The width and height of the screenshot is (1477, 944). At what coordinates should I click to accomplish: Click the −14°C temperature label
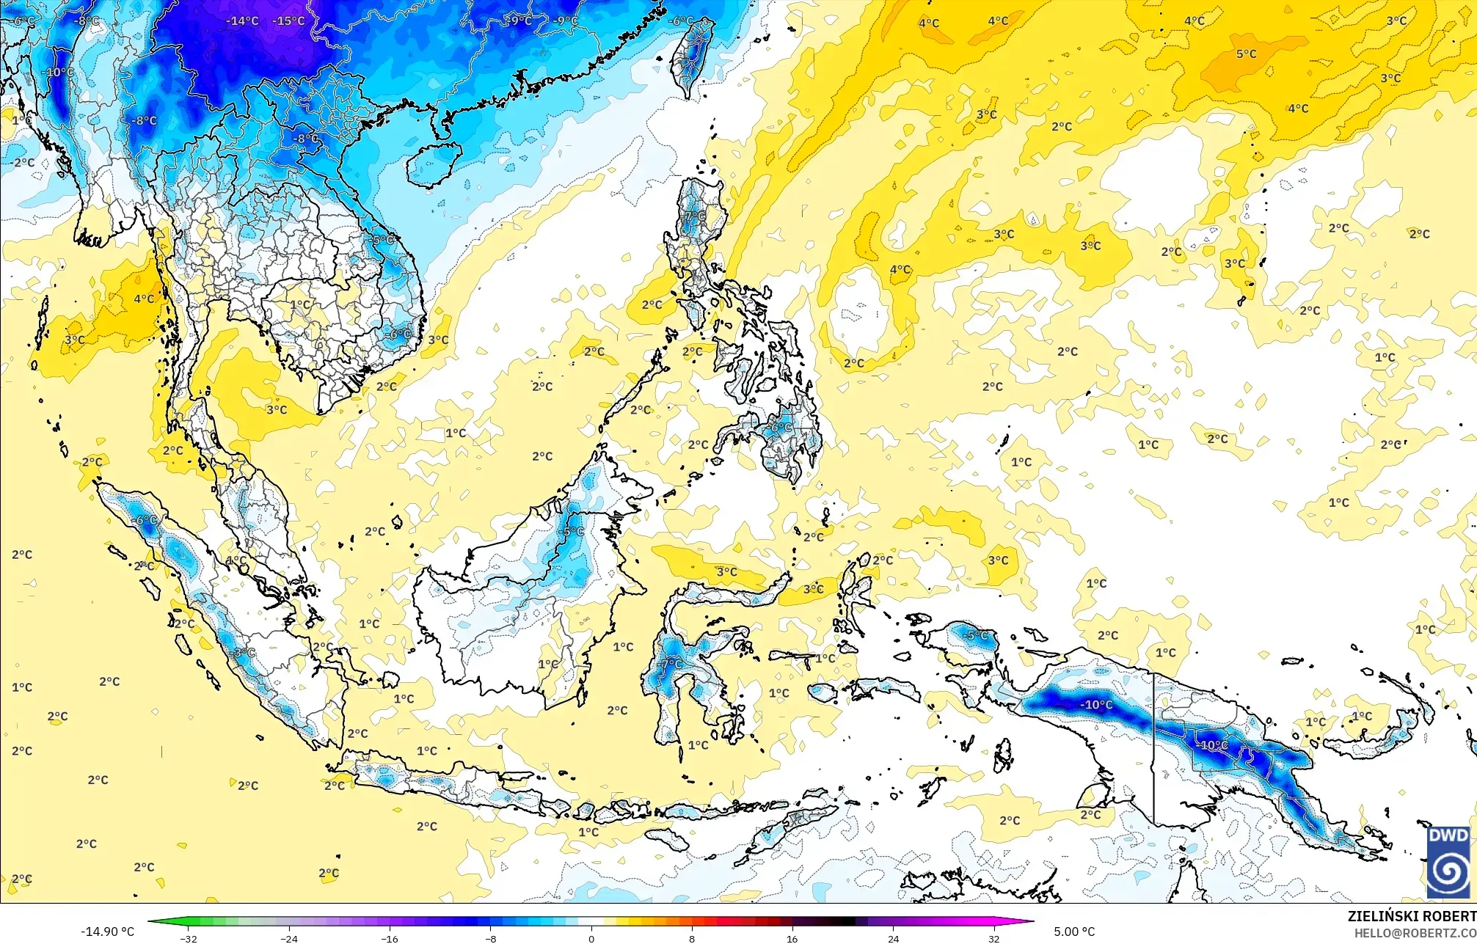(242, 21)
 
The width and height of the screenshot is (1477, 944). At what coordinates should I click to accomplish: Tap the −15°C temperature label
(288, 21)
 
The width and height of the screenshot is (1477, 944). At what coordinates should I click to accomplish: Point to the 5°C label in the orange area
(1246, 54)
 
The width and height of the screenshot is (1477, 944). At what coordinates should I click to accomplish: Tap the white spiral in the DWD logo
(1448, 874)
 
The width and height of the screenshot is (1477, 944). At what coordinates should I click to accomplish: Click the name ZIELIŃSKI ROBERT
(1411, 916)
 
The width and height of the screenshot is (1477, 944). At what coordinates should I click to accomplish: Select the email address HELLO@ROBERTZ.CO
(1415, 932)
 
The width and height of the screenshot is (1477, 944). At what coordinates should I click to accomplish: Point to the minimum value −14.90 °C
(107, 932)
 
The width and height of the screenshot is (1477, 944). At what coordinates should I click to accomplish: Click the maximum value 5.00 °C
(1074, 932)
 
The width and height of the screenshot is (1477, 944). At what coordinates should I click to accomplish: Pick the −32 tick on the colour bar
(189, 938)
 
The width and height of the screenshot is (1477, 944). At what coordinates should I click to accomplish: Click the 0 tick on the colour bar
(591, 938)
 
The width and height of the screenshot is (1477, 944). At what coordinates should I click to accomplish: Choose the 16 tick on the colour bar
(792, 938)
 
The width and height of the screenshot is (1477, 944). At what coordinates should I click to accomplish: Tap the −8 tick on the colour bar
(491, 938)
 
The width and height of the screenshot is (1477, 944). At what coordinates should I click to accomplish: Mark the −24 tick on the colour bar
(289, 938)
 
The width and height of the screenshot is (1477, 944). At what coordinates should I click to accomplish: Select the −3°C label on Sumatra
(244, 653)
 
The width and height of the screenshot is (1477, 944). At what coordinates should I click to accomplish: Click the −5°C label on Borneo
(572, 532)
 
